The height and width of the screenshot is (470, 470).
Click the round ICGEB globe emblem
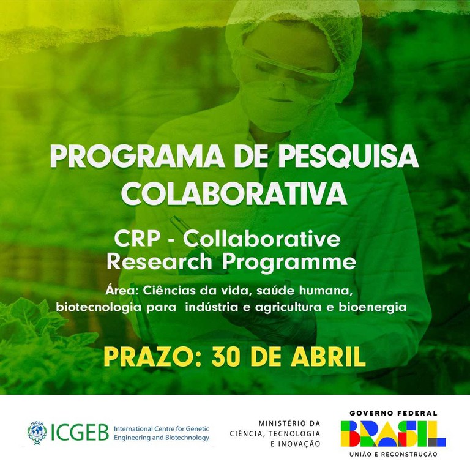[37, 433]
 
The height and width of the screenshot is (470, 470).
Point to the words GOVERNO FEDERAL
[393, 414]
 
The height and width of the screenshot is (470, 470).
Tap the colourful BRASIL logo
[393, 434]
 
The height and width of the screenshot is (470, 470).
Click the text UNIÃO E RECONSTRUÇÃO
[393, 455]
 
